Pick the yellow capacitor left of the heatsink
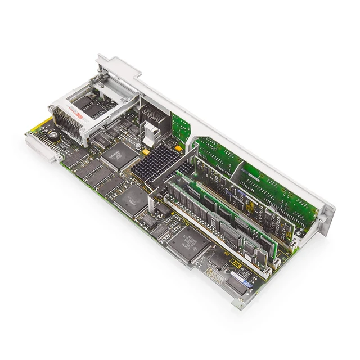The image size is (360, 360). click(x=146, y=152)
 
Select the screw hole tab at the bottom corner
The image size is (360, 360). click(x=239, y=304)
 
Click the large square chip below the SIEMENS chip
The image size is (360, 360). click(x=133, y=197)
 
